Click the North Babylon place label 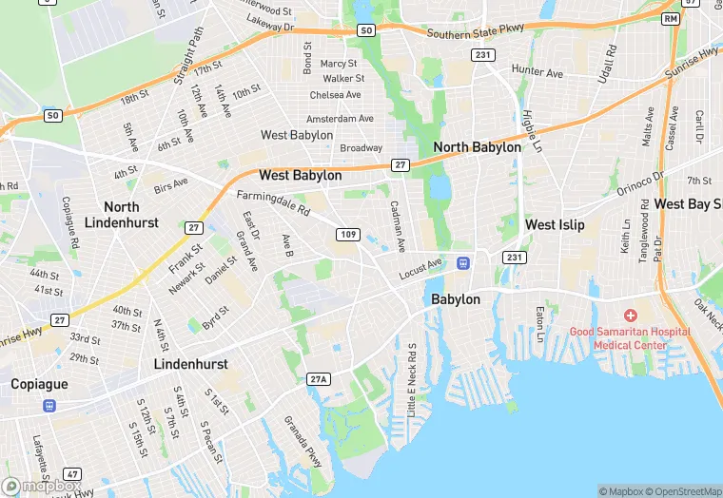tap(477, 147)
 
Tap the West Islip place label tap(555, 225)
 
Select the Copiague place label tap(40, 384)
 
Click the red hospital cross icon tap(630, 315)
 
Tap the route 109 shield tap(348, 235)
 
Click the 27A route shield tap(318, 379)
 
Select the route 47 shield tap(73, 473)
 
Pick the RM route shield tap(672, 19)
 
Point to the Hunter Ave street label tap(537, 71)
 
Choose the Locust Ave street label tap(420, 268)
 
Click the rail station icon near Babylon tap(463, 262)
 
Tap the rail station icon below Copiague tap(49, 405)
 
